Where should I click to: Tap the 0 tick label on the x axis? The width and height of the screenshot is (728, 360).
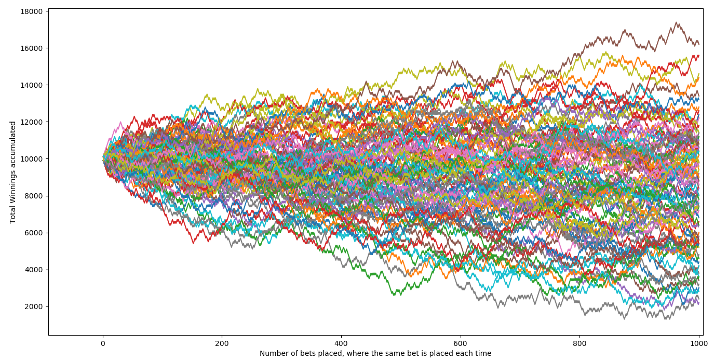coord(103,343)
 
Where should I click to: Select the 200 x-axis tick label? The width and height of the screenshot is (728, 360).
coord(222,343)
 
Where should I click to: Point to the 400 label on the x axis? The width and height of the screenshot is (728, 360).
coord(341,343)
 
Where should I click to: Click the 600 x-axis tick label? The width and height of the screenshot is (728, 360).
coord(460,343)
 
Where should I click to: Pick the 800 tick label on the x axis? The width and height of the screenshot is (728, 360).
coord(579,343)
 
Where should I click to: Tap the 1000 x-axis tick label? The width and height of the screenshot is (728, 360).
coord(698,343)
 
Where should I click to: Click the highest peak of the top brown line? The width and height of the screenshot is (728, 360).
coord(676,22)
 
